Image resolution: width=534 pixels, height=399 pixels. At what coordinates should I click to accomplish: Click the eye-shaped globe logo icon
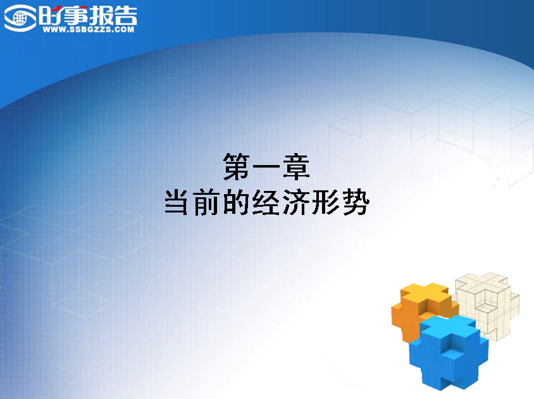[x=20, y=18]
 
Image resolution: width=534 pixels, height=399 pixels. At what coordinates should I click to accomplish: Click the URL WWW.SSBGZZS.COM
[x=89, y=30]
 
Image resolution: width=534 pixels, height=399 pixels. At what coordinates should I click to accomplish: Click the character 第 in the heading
[x=237, y=166]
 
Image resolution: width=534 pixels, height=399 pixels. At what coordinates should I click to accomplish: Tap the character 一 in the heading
[x=266, y=167]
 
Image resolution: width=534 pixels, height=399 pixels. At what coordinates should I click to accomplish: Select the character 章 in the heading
[x=296, y=166]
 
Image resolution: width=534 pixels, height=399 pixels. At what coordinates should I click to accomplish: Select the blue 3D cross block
[x=449, y=352]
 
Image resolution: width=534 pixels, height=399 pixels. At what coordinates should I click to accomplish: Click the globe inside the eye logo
[x=20, y=18]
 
